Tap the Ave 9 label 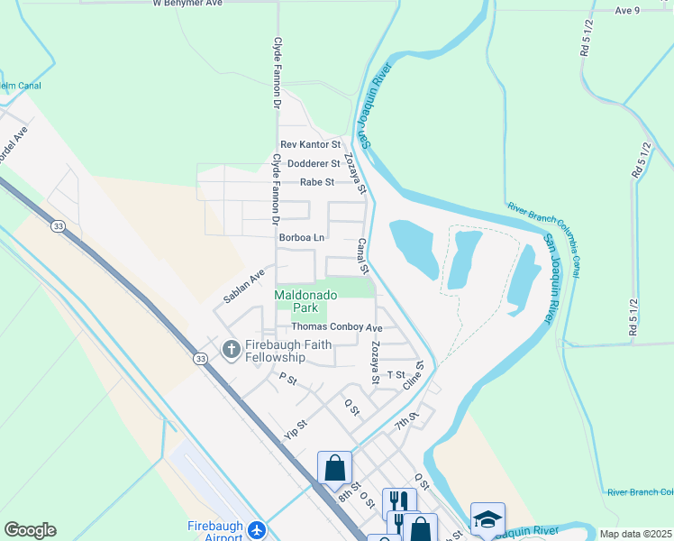coord(627,10)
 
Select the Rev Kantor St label coord(311,144)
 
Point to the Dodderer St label coord(314,163)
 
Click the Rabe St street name coord(317,182)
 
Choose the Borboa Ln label coord(301,238)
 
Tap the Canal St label coord(363,256)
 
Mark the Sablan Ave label coord(244,286)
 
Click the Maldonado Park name coord(305,301)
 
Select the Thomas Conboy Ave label coord(336,327)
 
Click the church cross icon coord(231,348)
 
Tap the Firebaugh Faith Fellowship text coord(288,352)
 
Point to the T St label coord(396,374)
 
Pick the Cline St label coord(415,376)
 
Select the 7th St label coord(406,420)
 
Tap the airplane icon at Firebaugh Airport coord(257,528)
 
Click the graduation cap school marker coord(487,519)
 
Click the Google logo coord(30,530)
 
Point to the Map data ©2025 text coord(636,534)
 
